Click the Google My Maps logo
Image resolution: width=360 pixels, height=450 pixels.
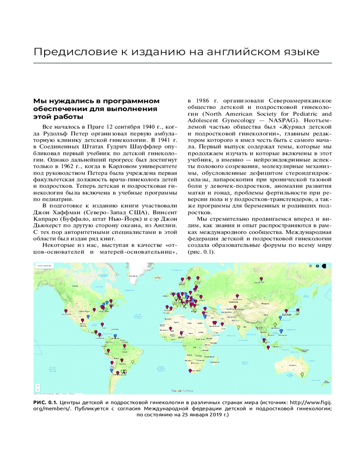point(182,391)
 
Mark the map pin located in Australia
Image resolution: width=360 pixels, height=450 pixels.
point(302,374)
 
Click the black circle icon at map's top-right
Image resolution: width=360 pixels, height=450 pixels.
point(323,266)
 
